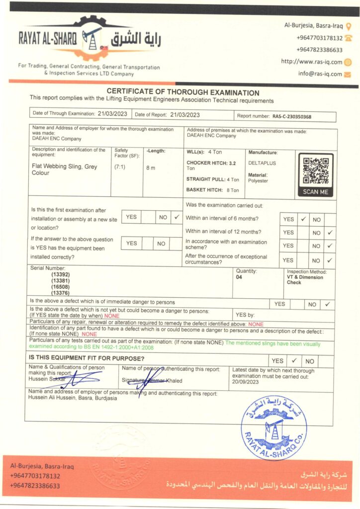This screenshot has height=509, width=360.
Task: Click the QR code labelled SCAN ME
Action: (x=316, y=171)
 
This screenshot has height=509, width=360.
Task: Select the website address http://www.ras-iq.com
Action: (x=312, y=62)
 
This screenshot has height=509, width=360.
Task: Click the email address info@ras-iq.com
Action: (x=320, y=74)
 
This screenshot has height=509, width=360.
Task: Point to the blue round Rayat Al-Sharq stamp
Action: (x=273, y=427)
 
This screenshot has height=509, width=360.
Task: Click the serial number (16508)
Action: (x=60, y=287)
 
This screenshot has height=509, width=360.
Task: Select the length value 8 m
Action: (x=151, y=168)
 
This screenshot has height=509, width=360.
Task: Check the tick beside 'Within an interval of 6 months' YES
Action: (x=303, y=219)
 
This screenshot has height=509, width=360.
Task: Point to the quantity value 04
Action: (x=239, y=278)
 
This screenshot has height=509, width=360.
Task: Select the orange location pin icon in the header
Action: (x=349, y=25)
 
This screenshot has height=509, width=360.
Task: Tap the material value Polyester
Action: (x=258, y=181)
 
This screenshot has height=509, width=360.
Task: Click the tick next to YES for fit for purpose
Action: (x=294, y=361)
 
